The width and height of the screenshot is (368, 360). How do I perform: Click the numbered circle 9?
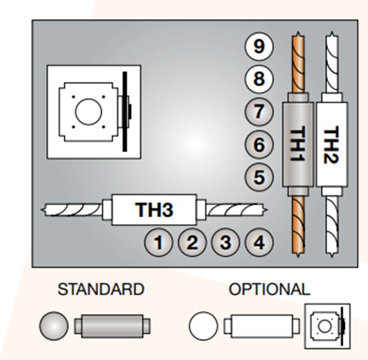259,46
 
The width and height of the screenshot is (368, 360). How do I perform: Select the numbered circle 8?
259,79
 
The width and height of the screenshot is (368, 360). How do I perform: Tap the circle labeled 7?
259,111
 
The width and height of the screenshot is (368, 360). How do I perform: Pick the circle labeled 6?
259,144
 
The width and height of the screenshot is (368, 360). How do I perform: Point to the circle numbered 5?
259,176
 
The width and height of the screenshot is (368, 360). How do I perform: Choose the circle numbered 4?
259,242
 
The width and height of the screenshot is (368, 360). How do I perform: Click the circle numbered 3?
225,242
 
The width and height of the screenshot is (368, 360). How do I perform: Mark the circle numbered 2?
192,242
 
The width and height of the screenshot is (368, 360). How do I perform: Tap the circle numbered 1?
158,242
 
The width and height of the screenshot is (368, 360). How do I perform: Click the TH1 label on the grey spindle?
298,144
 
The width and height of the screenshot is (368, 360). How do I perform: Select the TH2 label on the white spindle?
331,144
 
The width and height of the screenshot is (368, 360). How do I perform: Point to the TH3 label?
154,209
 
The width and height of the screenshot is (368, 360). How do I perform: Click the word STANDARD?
101,289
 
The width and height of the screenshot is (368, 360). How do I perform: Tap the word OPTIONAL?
269,289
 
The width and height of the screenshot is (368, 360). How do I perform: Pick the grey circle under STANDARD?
54,326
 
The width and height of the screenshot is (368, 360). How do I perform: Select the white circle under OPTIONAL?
203,326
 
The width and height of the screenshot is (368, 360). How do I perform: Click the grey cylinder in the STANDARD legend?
112,326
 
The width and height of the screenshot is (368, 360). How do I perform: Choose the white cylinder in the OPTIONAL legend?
261,326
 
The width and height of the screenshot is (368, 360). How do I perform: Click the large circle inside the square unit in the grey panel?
88,112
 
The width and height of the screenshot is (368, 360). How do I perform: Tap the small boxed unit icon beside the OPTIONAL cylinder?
327,326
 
